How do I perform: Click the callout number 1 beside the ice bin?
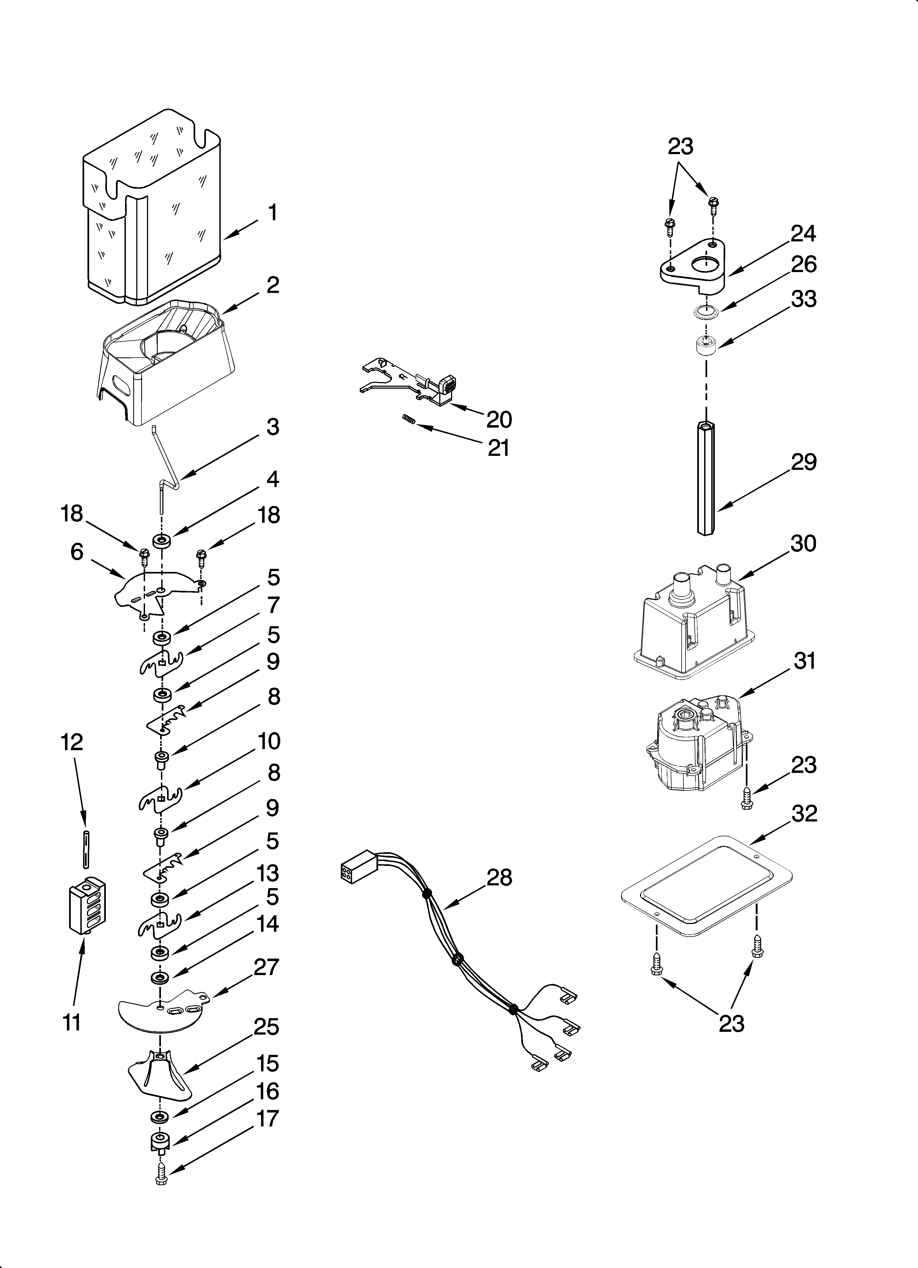point(272,213)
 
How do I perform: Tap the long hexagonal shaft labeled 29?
point(706,478)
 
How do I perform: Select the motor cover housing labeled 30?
point(693,626)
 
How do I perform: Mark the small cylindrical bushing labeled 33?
point(705,344)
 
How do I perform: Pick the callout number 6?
point(76,552)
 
